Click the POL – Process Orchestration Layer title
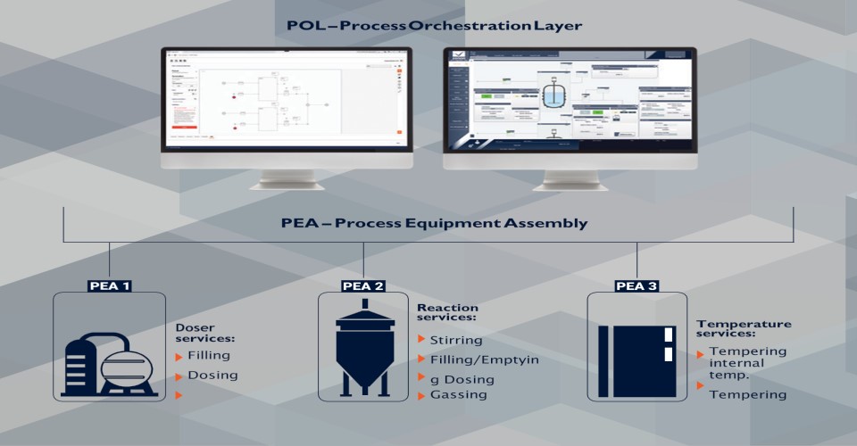[434, 25]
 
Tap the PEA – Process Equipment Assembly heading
[433, 222]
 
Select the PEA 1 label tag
[110, 286]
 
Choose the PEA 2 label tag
[363, 286]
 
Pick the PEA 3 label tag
[637, 286]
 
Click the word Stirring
[455, 340]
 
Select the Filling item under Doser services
[209, 355]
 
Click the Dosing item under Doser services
[212, 375]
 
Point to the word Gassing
[459, 394]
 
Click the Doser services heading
[204, 333]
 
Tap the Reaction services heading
[447, 312]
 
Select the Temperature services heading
[744, 328]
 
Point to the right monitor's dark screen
[569, 100]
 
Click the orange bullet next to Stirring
[421, 340]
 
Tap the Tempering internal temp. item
[747, 362]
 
